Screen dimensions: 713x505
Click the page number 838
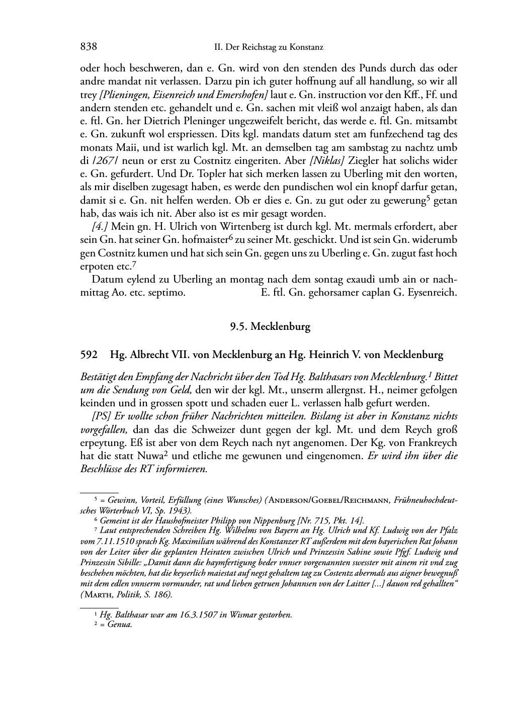coord(89,47)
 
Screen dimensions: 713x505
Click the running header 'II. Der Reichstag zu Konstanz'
coord(269,48)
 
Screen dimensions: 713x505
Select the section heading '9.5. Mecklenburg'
coord(270,327)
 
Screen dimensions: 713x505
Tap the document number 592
coord(89,355)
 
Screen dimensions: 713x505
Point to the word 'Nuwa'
coord(150,457)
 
